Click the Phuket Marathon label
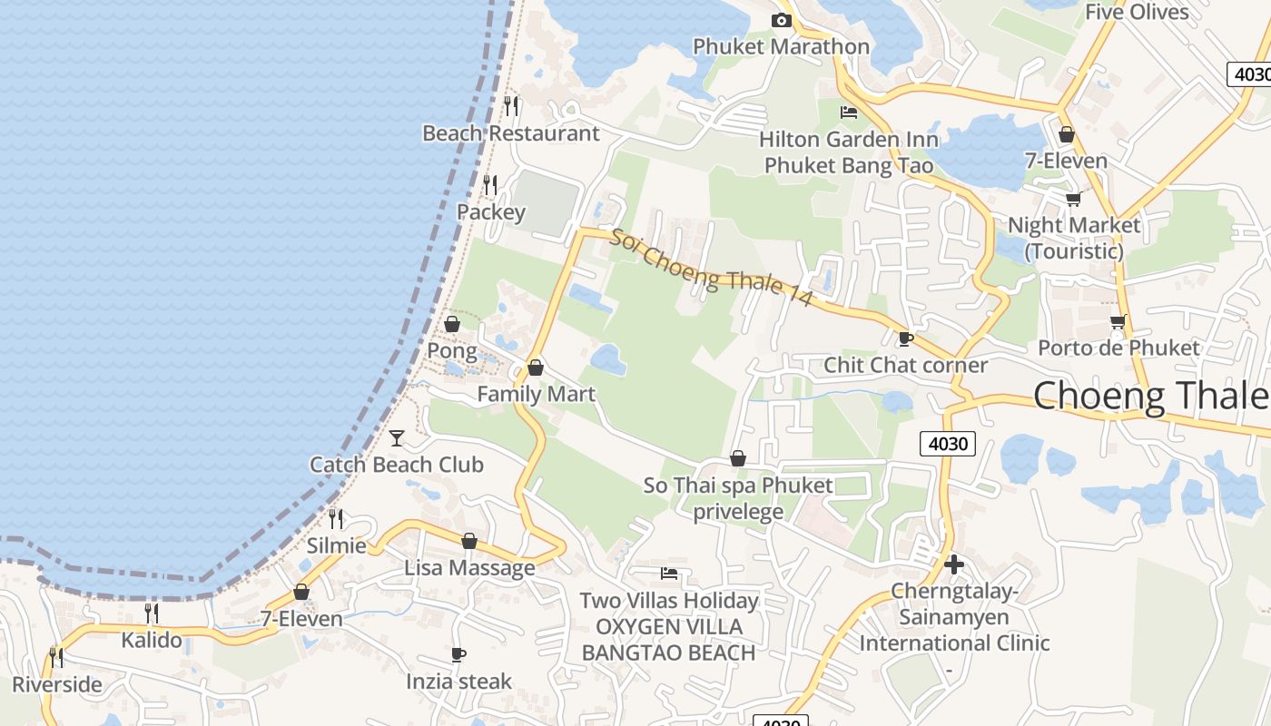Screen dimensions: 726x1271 tap(781, 46)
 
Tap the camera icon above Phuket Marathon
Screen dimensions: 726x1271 tap(781, 20)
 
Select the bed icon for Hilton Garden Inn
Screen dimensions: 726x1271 tap(849, 113)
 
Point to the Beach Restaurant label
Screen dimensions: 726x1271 tap(510, 133)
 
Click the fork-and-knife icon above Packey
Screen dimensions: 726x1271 tap(490, 185)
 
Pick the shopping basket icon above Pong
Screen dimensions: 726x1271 tap(451, 324)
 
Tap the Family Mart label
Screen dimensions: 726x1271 tap(536, 394)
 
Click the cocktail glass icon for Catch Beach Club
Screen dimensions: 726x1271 tap(397, 438)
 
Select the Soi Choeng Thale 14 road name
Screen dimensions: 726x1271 tap(709, 269)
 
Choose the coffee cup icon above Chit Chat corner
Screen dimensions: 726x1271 tap(904, 338)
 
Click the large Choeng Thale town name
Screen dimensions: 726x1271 tap(1151, 396)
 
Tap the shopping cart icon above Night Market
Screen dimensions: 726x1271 tap(1073, 199)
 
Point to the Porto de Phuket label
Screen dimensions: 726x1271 tap(1118, 348)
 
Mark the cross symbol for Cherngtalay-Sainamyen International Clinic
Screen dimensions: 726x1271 tap(953, 564)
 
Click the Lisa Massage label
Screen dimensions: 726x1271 tap(469, 568)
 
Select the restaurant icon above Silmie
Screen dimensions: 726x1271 tap(336, 519)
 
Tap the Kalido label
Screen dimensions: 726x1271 tap(152, 640)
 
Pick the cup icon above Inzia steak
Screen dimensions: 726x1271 tap(458, 654)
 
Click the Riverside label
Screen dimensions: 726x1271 tap(56, 684)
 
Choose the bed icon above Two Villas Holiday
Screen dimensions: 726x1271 tap(669, 574)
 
